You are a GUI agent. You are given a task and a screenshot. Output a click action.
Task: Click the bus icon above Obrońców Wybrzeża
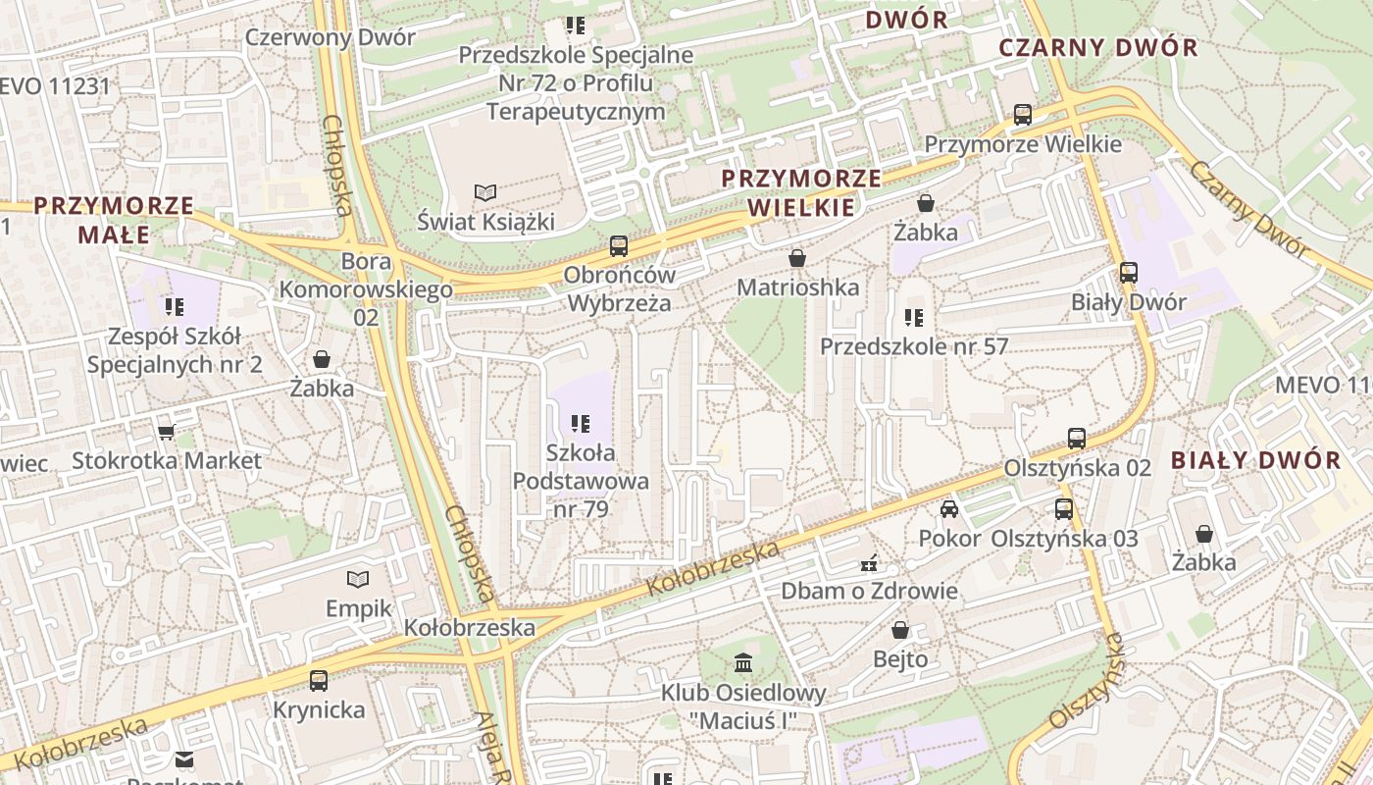[618, 245]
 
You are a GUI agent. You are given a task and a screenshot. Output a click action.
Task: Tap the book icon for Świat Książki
[484, 191]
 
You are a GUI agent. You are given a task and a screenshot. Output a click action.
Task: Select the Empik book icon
[359, 579]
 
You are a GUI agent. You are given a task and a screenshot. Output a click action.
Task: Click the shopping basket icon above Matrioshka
[797, 258]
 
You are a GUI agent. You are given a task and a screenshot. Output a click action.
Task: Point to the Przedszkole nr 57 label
[913, 346]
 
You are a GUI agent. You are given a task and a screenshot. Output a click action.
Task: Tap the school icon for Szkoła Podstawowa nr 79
[581, 424]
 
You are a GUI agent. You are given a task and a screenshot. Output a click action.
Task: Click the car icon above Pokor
[948, 508]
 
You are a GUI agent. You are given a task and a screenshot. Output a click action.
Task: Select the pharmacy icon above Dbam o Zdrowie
[869, 563]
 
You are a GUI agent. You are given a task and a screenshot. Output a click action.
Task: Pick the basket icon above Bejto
[899, 630]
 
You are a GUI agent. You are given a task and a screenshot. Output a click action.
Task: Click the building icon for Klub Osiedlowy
[742, 662]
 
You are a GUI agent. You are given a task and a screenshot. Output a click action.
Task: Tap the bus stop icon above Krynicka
[319, 680]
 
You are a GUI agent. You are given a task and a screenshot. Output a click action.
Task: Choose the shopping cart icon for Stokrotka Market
[167, 432]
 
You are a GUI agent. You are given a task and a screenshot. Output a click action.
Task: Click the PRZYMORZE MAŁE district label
[114, 220]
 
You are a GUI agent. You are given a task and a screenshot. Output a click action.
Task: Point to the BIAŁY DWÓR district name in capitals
[1255, 460]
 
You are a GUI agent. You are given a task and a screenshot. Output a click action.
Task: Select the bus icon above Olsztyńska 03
[1064, 508]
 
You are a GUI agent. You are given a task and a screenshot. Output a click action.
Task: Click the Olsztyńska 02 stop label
[1077, 468]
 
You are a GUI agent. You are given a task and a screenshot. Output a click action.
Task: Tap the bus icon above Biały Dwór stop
[1129, 273]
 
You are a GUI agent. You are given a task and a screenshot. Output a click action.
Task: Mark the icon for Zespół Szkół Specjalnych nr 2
[176, 307]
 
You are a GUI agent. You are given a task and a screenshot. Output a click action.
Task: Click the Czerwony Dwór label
[331, 37]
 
